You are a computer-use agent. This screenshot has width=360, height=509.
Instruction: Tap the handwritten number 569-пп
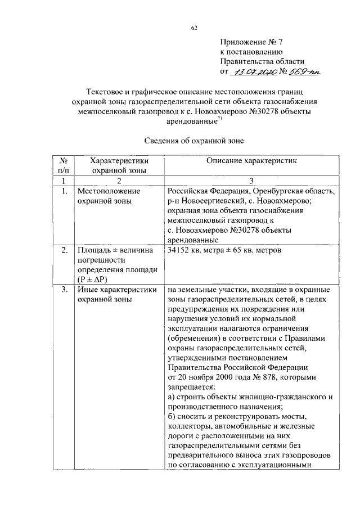[x=301, y=72]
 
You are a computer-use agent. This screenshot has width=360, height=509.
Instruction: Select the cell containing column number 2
[x=119, y=181]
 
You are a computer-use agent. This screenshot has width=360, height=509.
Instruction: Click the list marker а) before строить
[x=172, y=397]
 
